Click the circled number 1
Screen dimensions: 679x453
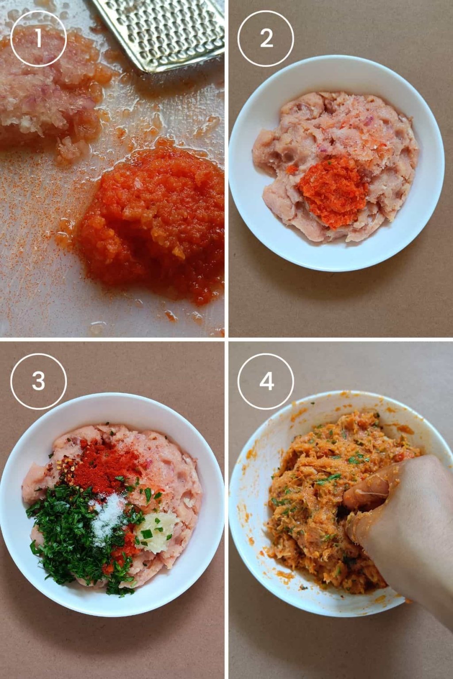coord(38,38)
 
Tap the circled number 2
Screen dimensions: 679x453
coord(266,38)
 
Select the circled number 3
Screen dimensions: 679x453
coord(38,381)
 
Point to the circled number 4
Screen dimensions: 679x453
coord(266,381)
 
